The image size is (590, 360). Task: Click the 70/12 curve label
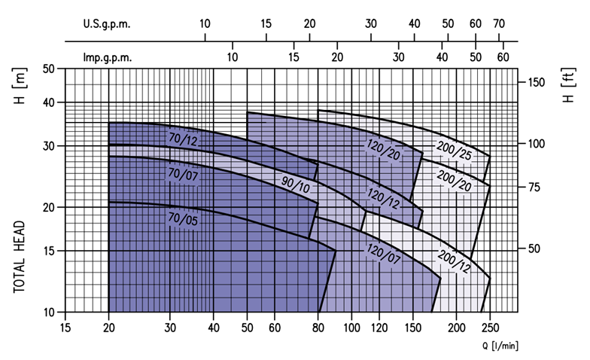(x=183, y=139)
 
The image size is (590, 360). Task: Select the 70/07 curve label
(x=183, y=174)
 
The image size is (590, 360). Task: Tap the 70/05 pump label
(x=183, y=218)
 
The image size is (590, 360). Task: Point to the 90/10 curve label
(x=296, y=185)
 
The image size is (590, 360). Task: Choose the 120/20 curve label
(x=384, y=149)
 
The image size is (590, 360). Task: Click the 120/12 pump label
(x=384, y=199)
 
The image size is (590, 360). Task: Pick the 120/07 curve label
(x=384, y=253)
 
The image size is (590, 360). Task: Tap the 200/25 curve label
(x=454, y=150)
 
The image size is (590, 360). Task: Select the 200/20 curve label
(x=454, y=181)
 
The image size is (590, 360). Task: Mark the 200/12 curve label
(x=454, y=261)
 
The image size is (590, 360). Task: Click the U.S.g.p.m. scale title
(x=107, y=24)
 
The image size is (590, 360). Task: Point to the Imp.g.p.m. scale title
(x=108, y=57)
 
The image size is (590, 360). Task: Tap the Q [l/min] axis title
(x=500, y=346)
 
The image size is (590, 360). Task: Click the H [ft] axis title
(x=569, y=85)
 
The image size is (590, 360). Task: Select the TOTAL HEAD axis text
(x=19, y=257)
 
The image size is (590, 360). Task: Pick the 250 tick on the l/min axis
(x=490, y=328)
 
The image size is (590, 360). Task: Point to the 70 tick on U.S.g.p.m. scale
(x=499, y=24)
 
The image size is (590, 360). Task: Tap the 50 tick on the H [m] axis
(x=49, y=69)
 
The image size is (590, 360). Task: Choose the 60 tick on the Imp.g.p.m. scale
(x=503, y=57)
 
